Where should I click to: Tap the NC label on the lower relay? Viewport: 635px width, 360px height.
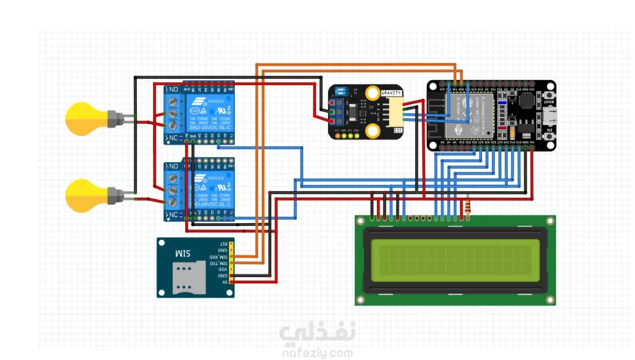point(173,216)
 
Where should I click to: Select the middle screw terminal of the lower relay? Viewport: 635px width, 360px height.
point(173,190)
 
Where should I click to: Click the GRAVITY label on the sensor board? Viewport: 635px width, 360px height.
point(392,93)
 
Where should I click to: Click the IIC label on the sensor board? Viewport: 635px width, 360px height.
point(398,130)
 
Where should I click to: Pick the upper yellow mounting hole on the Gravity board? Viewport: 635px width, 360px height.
point(372,93)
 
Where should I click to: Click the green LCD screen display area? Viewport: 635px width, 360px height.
point(455,260)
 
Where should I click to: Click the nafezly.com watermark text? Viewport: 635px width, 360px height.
point(317,354)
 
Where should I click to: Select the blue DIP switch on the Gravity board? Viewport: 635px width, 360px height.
point(341,93)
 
